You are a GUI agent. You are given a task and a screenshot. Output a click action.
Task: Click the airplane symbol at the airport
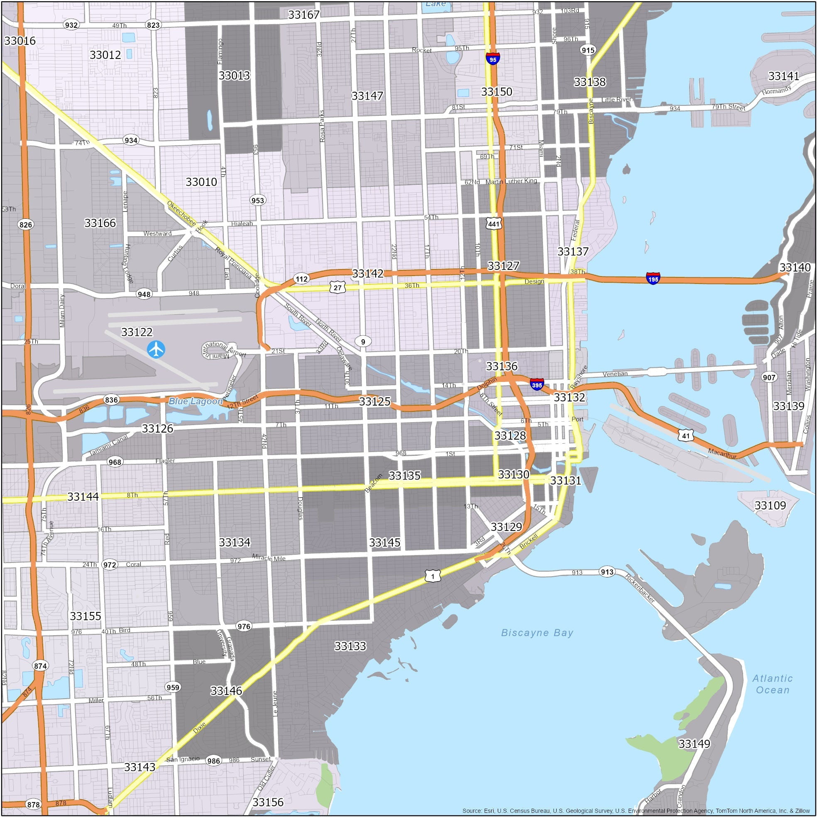156,349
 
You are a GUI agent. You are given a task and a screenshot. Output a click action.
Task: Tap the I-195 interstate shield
653,278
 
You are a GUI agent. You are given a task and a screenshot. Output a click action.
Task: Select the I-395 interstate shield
537,384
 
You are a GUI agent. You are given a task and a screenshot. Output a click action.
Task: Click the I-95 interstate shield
493,59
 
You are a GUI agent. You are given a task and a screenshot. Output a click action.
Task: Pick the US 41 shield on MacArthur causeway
685,435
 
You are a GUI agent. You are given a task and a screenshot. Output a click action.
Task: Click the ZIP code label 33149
694,744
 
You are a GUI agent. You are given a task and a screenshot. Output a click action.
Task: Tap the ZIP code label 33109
770,505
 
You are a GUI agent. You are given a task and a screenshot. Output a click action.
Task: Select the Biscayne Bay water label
537,633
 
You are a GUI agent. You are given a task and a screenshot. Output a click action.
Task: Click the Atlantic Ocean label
772,684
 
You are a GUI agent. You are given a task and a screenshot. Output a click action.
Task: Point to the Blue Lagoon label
196,401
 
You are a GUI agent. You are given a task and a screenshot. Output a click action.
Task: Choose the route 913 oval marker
607,572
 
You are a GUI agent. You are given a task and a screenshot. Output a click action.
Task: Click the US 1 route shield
433,575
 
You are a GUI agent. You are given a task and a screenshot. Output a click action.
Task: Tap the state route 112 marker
301,279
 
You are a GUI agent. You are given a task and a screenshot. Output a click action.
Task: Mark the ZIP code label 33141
784,76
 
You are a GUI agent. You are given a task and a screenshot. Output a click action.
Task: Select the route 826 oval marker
26,224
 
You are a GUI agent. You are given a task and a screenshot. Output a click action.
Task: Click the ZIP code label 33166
100,223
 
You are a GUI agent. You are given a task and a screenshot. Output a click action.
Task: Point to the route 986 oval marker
213,761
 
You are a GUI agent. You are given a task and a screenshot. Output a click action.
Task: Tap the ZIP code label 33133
350,646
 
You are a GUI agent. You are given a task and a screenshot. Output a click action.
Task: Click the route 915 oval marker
588,50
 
